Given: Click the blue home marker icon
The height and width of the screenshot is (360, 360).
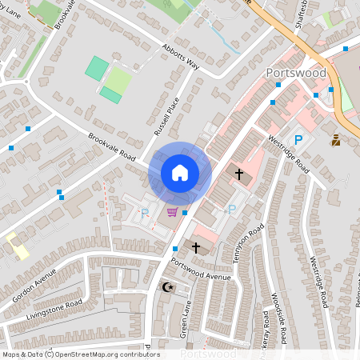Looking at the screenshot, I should [179, 173].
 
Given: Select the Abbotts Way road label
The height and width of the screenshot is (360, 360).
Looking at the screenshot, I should [180, 57].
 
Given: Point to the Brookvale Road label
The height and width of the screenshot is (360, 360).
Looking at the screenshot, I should [112, 146].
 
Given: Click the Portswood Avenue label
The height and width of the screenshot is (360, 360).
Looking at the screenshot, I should [201, 272].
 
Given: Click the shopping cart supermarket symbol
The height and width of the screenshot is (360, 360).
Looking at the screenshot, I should [172, 212].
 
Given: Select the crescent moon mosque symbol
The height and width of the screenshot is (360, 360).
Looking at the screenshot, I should [168, 286].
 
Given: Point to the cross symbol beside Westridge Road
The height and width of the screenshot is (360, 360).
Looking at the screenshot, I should [238, 174].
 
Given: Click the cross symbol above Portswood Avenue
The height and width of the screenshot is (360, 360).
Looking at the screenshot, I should [196, 248].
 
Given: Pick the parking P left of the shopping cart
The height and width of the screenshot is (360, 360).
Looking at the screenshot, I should [145, 214].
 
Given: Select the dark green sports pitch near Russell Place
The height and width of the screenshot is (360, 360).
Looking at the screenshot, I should [96, 67].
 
